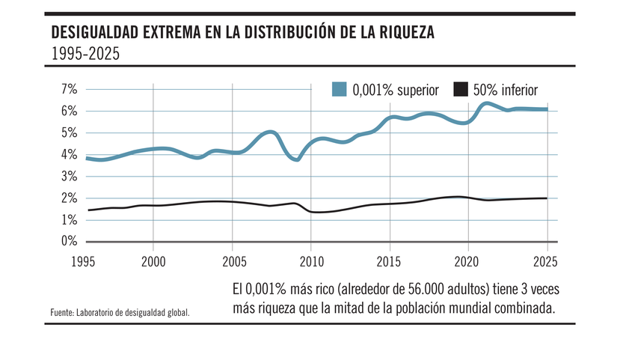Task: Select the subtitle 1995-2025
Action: click(85, 55)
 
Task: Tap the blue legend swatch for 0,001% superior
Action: click(339, 90)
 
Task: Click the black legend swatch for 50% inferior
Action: click(461, 90)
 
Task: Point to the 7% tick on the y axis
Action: click(70, 90)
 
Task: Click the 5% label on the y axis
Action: click(70, 133)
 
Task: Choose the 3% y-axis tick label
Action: click(70, 177)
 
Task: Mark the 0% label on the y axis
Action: click(70, 242)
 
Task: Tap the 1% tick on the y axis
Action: click(70, 220)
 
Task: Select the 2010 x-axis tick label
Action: click(310, 262)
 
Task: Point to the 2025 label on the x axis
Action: click(544, 262)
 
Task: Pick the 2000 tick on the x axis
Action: click(153, 262)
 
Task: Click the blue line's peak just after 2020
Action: click(487, 104)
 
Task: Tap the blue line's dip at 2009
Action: click(297, 159)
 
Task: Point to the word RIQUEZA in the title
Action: click(408, 33)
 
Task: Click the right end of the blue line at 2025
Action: click(547, 109)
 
